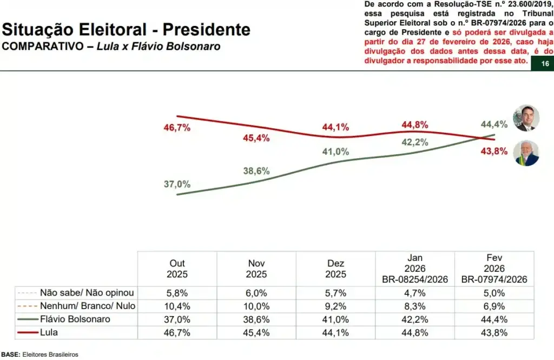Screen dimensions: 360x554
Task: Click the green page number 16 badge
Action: [545, 64]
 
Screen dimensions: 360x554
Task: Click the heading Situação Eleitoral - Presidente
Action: [126, 29]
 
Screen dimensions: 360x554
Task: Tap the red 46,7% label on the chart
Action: [177, 128]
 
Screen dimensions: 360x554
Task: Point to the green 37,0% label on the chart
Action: [177, 184]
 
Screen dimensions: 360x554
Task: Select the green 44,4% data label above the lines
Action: [494, 125]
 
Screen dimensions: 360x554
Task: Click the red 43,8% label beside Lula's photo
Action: [494, 151]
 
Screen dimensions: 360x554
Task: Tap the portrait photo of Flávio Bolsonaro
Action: [525, 117]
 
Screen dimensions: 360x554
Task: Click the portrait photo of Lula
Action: [526, 153]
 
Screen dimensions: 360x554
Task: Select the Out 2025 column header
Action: [177, 269]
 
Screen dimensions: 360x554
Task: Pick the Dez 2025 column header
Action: [335, 269]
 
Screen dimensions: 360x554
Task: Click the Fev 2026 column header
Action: [494, 269]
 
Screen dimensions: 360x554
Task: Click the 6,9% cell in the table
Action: [494, 306]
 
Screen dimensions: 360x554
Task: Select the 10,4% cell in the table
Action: [177, 306]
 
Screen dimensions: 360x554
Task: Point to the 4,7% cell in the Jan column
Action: [415, 293]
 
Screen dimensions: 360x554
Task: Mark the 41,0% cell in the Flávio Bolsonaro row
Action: [335, 319]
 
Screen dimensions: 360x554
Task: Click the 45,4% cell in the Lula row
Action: [256, 332]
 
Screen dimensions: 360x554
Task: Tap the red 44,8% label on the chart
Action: [415, 125]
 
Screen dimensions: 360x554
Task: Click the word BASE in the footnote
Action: [10, 355]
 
